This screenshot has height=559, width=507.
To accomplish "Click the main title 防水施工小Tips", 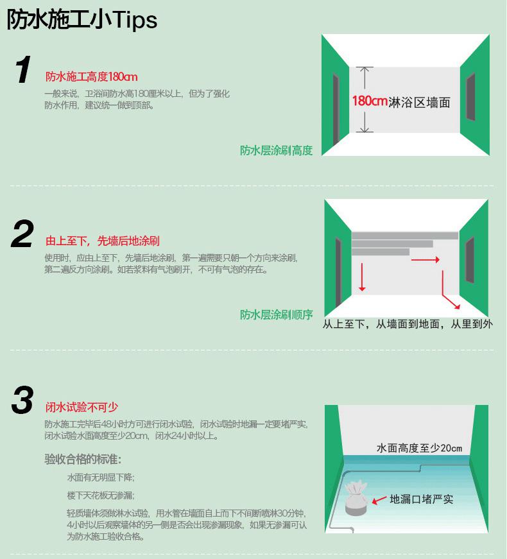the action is point(82,19).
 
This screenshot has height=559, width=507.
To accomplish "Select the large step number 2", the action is point(22,234).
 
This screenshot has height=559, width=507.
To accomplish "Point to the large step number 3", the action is point(22,400).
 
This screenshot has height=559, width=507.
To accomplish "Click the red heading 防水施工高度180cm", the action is point(91,76).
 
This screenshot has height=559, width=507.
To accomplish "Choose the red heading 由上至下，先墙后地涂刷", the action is point(102,241).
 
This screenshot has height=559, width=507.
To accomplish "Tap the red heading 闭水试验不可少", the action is point(82,407).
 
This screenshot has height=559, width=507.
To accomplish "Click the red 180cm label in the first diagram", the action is point(370,101).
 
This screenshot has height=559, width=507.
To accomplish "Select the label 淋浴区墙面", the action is point(419,103).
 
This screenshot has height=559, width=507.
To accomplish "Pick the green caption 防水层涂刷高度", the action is point(277,150).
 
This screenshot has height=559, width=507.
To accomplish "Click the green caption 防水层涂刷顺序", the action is point(277,314).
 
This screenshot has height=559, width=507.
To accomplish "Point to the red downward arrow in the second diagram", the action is point(362,277).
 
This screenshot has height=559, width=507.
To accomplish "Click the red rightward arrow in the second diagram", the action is point(425,260).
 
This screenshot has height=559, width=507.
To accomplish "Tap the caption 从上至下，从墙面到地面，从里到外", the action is point(408,324).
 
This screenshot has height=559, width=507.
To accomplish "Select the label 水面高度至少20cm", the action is point(419,448).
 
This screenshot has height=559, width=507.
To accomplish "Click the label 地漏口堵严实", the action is point(422,499).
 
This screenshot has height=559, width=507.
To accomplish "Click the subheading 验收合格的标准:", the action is point(83,459).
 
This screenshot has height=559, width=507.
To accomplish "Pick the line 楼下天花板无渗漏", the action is point(101,495).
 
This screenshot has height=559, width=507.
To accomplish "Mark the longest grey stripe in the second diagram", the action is point(405,236).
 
